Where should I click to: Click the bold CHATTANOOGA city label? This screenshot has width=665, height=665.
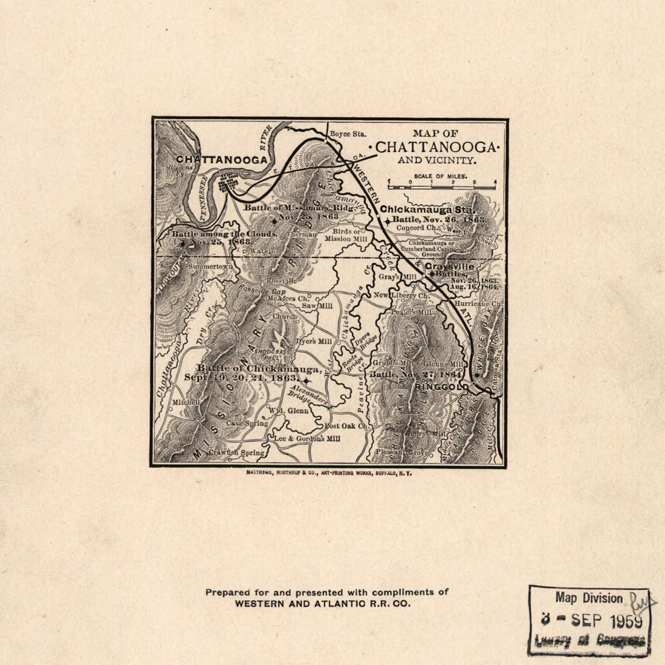(221, 160)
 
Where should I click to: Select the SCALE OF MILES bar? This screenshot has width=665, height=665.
(441, 183)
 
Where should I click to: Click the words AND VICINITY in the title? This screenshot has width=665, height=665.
(437, 161)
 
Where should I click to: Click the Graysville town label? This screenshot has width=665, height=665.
(449, 266)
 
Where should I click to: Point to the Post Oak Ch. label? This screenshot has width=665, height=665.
(346, 426)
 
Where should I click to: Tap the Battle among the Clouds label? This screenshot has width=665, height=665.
(224, 234)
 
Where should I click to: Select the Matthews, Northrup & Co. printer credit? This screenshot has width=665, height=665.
(329, 475)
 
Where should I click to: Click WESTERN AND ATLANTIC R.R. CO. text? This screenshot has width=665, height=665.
(322, 603)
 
